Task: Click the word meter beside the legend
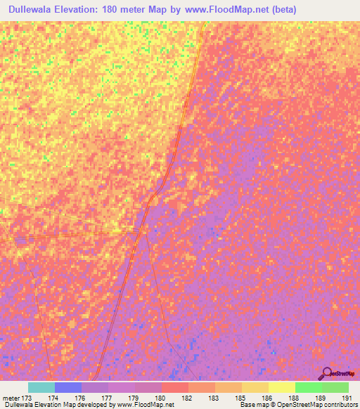[10, 397]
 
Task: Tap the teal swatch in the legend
[41, 387]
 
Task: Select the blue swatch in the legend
[67, 387]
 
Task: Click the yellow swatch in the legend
[281, 387]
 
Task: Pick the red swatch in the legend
[174, 387]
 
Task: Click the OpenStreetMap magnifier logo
[327, 373]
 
